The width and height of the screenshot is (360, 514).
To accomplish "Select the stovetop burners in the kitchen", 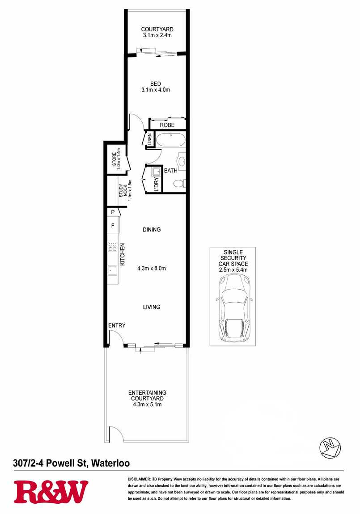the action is pos(112,247).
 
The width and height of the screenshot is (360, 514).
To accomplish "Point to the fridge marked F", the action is pos(113,225).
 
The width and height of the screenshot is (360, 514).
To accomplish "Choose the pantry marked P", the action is pos(113,212).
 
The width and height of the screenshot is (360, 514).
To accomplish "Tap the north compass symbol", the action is pos(330,448).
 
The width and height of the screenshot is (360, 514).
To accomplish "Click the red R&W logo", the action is pos(51,492).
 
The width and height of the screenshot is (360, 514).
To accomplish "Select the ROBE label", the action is pos(167,125).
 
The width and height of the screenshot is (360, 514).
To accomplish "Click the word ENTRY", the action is pos(117,325).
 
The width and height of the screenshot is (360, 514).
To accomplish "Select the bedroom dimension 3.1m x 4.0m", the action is pos(156,89).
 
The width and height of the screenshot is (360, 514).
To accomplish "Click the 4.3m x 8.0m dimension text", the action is pos(152,269).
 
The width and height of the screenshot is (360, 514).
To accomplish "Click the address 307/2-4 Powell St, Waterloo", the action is pos(72,463).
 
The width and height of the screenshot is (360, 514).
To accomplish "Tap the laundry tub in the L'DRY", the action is pos(156,171).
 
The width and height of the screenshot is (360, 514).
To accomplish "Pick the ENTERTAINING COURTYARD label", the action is pos(147,396).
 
